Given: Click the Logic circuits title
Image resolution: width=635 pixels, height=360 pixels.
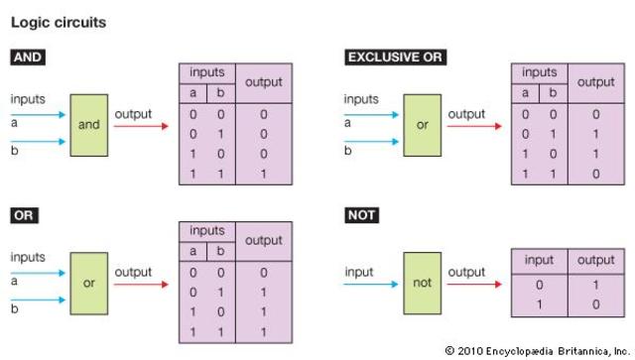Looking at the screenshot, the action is click(x=59, y=21).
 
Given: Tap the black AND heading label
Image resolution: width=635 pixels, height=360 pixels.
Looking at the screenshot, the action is click(x=27, y=58).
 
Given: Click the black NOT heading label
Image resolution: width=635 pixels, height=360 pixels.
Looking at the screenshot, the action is click(x=362, y=214).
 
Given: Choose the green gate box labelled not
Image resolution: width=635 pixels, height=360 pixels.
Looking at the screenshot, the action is click(x=423, y=283).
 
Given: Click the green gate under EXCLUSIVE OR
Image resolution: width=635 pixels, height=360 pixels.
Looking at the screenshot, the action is click(x=423, y=125).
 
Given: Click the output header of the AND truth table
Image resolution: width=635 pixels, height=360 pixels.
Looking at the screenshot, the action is click(x=263, y=82).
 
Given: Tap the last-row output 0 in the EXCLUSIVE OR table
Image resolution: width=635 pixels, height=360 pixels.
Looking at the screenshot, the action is click(x=596, y=175).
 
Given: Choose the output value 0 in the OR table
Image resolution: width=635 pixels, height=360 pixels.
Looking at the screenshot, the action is click(x=263, y=272).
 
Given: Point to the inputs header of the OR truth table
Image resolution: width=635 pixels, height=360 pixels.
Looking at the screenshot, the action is click(x=205, y=230).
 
